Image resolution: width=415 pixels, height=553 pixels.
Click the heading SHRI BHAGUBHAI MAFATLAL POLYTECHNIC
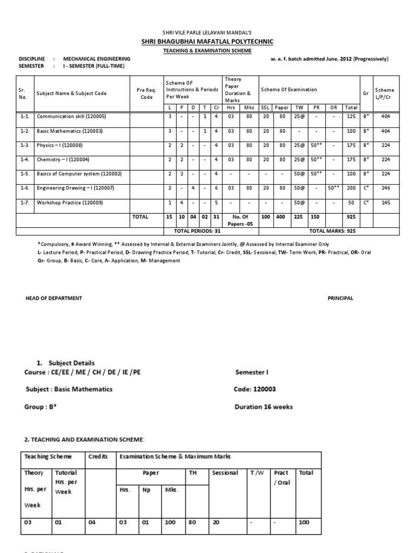click(207, 42)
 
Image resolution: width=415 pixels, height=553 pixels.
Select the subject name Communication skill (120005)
click(71, 116)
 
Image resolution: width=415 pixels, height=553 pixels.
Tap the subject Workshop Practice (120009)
click(69, 203)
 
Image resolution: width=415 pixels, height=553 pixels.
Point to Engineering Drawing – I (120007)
click(75, 188)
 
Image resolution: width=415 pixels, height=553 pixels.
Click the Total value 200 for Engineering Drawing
click(351, 188)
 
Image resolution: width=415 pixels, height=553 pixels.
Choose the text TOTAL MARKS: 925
click(332, 231)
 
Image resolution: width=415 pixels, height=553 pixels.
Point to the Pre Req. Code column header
click(146, 93)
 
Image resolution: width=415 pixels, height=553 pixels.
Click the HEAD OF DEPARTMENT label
click(54, 298)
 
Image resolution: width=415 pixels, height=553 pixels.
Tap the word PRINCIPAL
click(340, 298)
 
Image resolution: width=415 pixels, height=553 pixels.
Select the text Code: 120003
click(257, 389)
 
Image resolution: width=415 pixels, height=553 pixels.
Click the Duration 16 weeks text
click(264, 407)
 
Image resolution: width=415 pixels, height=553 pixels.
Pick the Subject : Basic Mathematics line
click(69, 389)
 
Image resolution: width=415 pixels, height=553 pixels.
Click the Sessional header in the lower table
click(225, 473)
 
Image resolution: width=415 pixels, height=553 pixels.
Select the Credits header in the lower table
click(98, 457)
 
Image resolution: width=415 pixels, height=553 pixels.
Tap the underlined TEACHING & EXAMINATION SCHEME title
click(207, 50)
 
